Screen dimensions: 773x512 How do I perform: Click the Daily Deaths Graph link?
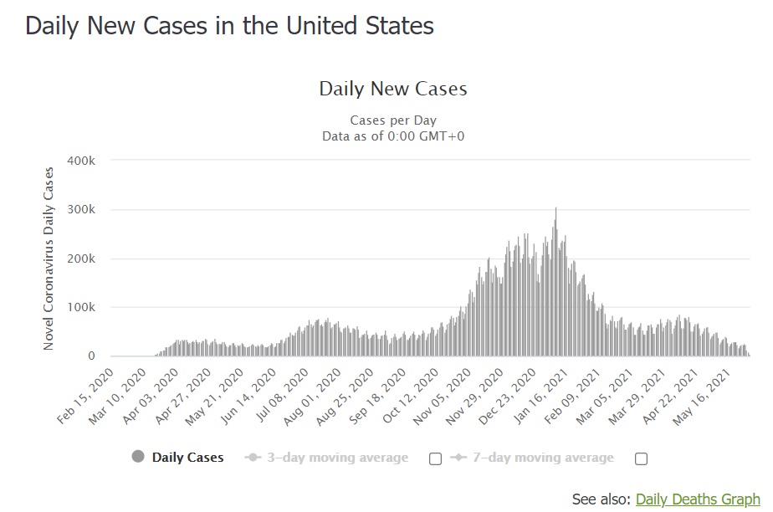(698, 499)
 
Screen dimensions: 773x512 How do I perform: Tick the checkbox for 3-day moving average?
(435, 458)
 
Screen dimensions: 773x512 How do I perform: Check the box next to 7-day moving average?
(641, 458)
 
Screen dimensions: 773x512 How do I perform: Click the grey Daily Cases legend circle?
(138, 457)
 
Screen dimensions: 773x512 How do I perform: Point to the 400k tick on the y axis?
(81, 161)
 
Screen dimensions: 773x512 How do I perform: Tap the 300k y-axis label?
(81, 209)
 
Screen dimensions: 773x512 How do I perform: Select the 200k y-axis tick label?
(81, 259)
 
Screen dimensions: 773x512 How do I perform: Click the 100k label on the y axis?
(81, 307)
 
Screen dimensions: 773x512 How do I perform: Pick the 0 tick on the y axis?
(91, 356)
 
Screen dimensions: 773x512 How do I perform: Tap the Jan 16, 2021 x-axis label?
(541, 396)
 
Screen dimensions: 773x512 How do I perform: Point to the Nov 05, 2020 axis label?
(443, 396)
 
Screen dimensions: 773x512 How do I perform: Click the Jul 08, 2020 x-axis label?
(282, 396)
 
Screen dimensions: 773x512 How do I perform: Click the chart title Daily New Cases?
(393, 89)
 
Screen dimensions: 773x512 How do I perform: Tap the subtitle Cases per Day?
(393, 120)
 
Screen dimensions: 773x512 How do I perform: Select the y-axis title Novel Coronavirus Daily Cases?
(49, 259)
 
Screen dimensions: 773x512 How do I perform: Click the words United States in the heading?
(360, 26)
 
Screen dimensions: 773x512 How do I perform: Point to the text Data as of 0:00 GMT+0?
(393, 136)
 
